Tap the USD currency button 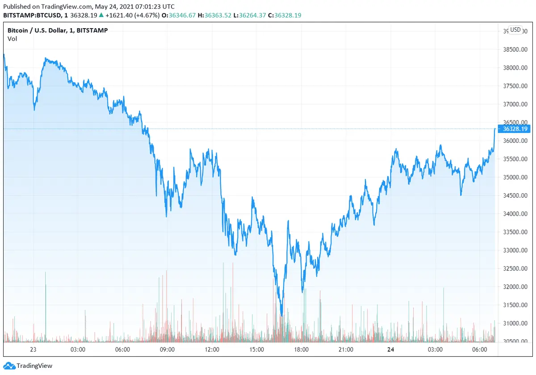(515, 29)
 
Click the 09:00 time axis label (167, 350)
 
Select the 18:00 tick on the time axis (301, 350)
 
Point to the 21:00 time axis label (346, 350)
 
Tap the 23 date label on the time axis (33, 350)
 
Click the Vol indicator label (12, 38)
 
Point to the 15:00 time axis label (256, 350)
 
